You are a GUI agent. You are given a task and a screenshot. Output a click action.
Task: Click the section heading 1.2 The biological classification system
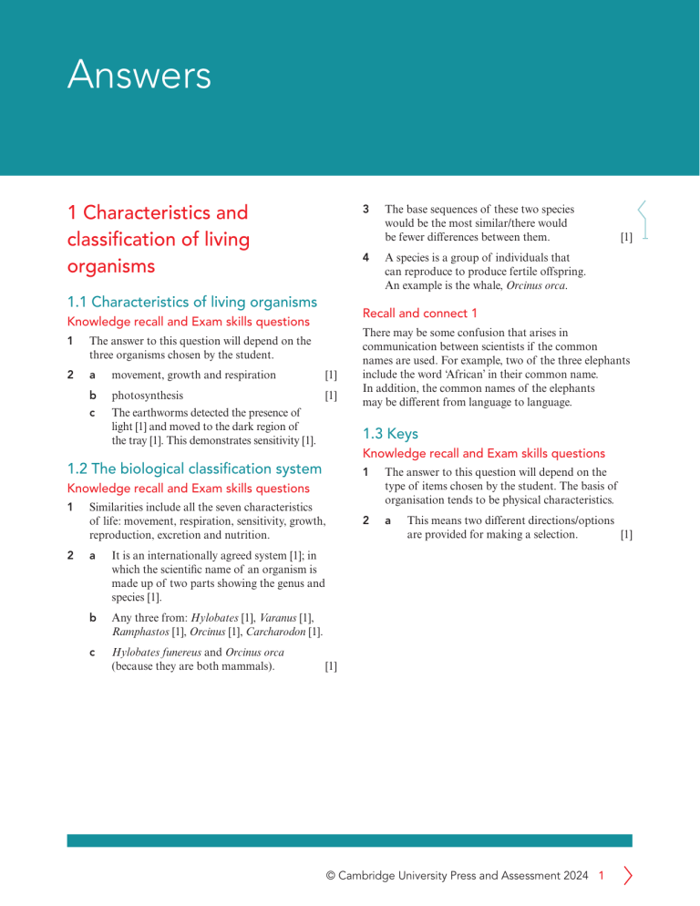pyautogui.click(x=194, y=468)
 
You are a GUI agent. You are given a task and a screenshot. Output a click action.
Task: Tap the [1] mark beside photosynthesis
pyautogui.click(x=331, y=396)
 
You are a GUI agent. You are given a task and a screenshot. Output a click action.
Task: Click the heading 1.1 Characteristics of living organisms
pyautogui.click(x=192, y=302)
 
